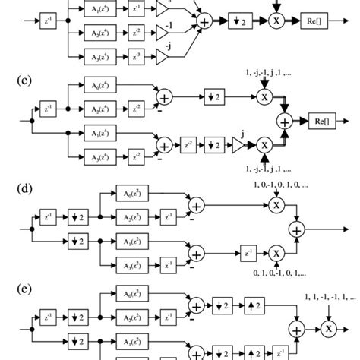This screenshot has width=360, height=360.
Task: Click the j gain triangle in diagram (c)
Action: (236, 145)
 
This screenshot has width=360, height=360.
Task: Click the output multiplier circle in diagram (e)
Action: (328, 327)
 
